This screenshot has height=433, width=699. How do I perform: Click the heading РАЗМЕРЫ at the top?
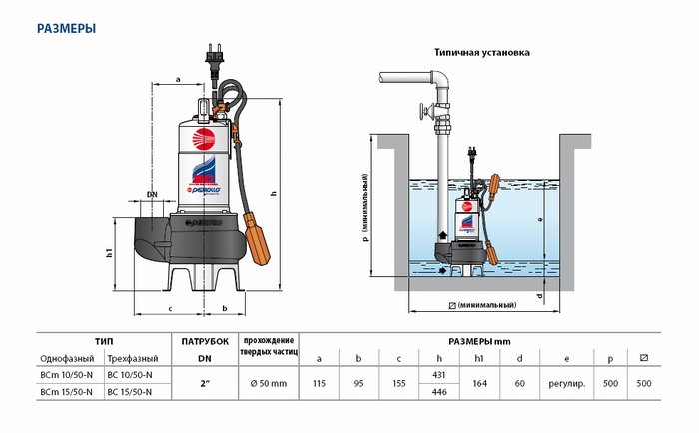click(x=66, y=29)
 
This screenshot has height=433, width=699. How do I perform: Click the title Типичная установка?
click(x=481, y=51)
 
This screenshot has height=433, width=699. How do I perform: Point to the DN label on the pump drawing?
click(x=152, y=193)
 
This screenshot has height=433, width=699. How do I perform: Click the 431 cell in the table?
click(x=437, y=373)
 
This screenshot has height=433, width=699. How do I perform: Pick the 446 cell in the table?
click(x=437, y=391)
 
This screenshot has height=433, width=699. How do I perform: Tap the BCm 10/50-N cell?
click(x=69, y=373)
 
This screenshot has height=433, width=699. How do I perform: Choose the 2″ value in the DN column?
click(x=204, y=382)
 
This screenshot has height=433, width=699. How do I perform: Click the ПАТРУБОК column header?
click(x=205, y=341)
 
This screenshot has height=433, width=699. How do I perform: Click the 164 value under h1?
click(x=479, y=382)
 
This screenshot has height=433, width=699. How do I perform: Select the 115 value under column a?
click(x=320, y=382)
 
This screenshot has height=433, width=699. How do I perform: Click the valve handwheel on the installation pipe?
click(x=425, y=111)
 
